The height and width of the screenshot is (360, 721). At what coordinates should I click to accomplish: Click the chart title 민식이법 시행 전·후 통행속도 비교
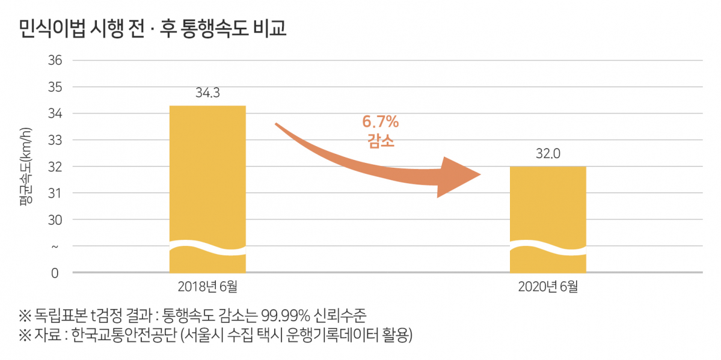point(153,28)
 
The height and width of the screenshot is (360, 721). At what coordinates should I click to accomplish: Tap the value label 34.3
point(207,93)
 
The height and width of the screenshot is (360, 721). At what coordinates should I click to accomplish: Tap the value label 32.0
point(548,154)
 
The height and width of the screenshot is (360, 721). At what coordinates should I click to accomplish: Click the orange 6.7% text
point(380,123)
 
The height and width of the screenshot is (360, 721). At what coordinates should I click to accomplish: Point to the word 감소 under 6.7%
point(380,142)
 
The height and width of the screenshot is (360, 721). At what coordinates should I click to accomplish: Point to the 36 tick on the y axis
point(55,60)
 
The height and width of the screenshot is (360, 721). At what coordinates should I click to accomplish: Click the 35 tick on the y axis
point(55,87)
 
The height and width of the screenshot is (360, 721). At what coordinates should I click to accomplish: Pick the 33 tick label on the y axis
point(55,140)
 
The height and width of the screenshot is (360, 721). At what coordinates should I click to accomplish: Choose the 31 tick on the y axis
point(55,194)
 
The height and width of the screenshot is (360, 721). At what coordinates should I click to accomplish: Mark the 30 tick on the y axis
point(55,220)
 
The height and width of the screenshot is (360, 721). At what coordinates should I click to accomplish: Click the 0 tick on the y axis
point(55,273)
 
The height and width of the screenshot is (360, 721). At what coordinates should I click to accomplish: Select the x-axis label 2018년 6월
point(207,287)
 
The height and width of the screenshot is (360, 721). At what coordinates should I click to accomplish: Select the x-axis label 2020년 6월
point(548,287)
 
